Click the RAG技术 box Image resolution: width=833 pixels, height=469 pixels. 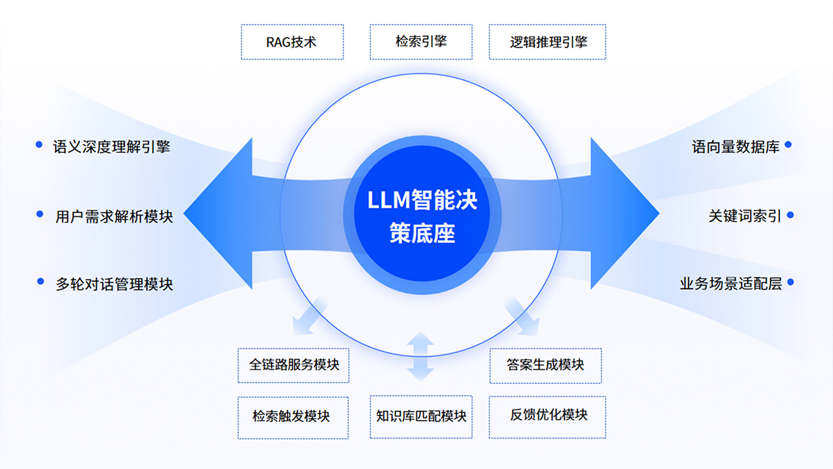coord(292,42)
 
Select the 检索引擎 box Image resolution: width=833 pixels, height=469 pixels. coord(421,42)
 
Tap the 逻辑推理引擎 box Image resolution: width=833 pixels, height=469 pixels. coord(547,42)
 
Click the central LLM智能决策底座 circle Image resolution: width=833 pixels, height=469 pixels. coord(422,212)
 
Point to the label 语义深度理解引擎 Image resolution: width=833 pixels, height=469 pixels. coord(111,147)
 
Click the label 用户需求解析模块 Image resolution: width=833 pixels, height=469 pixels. coord(114,216)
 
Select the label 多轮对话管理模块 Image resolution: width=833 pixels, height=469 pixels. coord(114,284)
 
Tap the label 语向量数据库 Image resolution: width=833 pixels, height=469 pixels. coord(735,147)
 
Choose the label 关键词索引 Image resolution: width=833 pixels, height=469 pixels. coord(744,216)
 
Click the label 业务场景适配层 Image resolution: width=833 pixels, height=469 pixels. coord(730,284)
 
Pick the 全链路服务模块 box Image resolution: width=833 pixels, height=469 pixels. coord(294,365)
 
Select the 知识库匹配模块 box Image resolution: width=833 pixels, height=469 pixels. coord(421,416)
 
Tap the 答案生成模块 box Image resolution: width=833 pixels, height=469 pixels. coord(545,365)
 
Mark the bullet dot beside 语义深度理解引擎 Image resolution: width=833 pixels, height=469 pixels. coord(39,145)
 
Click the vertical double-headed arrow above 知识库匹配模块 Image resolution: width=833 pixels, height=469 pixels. coord(420,356)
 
